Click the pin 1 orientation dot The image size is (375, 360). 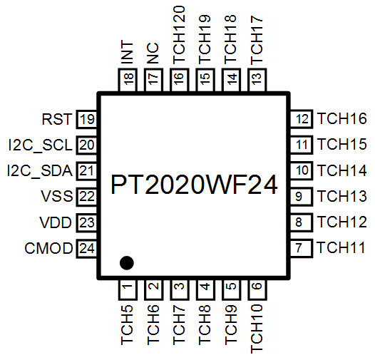click(x=126, y=262)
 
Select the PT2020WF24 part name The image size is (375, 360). click(x=194, y=185)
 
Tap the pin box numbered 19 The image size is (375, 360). click(x=86, y=119)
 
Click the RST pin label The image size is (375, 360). click(x=57, y=119)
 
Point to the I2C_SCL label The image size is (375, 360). click(x=40, y=145)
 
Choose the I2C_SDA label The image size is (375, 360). click(x=40, y=171)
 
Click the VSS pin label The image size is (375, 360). click(x=57, y=196)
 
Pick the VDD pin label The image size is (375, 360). click(x=56, y=222)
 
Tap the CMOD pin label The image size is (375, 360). click(x=48, y=248)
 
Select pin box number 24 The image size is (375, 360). click(x=86, y=249)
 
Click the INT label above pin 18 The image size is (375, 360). click(x=127, y=52)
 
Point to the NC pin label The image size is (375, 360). click(x=153, y=53)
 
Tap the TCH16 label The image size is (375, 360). click(x=341, y=118)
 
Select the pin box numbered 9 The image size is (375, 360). click(x=302, y=197)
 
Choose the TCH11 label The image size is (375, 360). click(x=341, y=247)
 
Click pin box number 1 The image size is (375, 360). click(x=128, y=289)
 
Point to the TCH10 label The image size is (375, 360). click(x=257, y=329)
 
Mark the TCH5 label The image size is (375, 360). click(x=127, y=324)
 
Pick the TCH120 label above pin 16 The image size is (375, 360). click(x=179, y=35)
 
